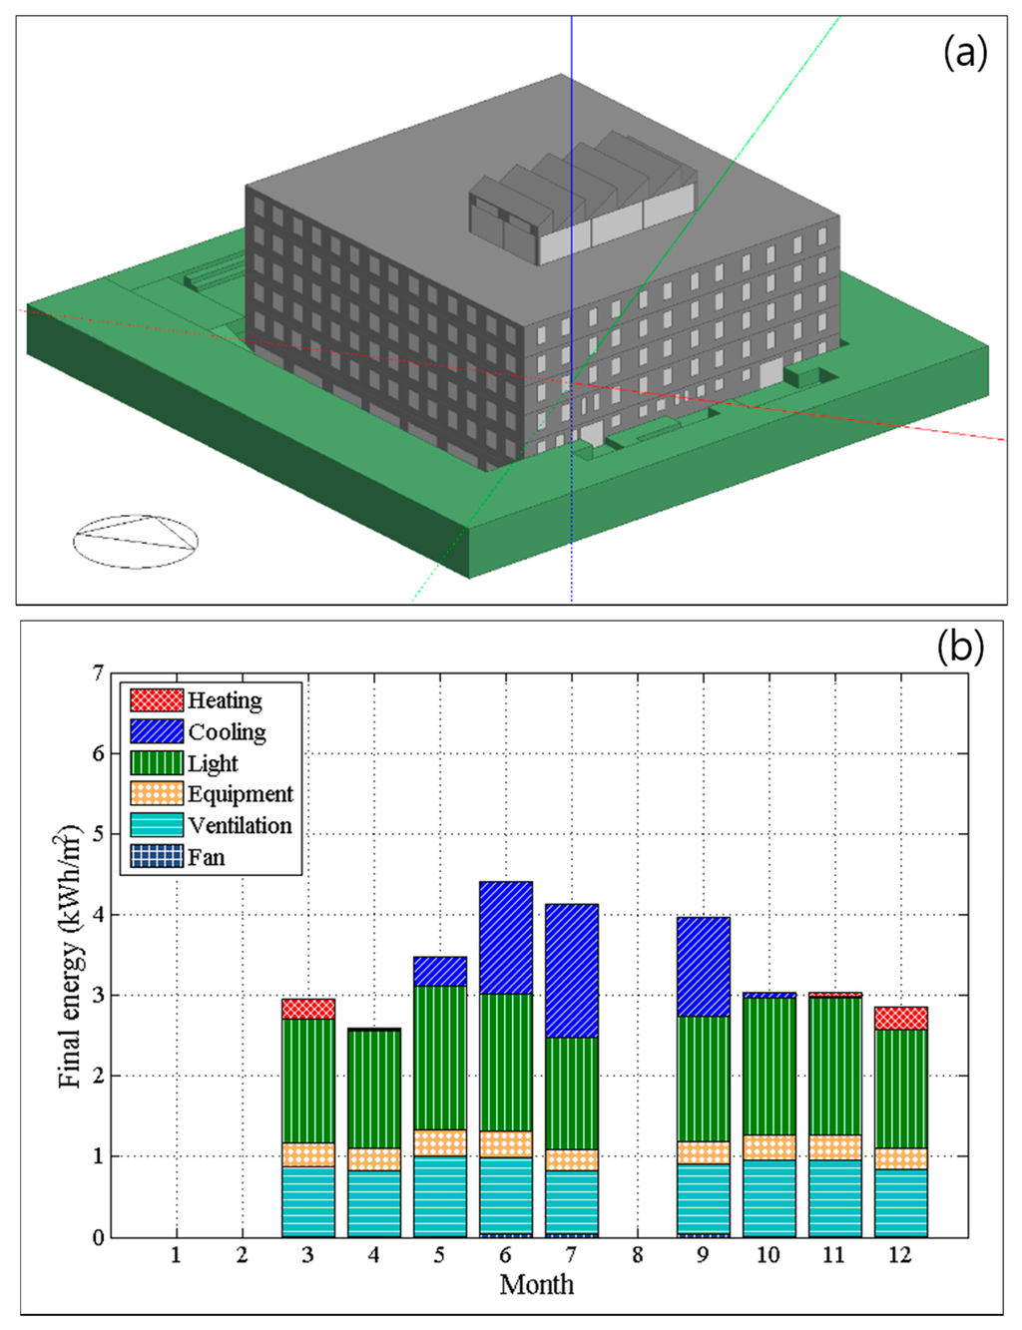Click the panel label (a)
[x=964, y=52]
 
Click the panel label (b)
[x=959, y=647]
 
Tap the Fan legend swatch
[x=157, y=856]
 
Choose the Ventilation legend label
[x=240, y=825]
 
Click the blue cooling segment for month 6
[x=506, y=938]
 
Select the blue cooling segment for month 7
[x=572, y=971]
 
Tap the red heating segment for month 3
[x=308, y=1009]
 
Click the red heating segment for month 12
[x=900, y=1018]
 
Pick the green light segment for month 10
[x=768, y=1066]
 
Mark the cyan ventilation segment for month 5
[x=440, y=1196]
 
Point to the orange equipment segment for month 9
[x=704, y=1152]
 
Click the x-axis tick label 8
[x=637, y=1255]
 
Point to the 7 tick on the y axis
[x=98, y=673]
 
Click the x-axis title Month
[x=536, y=1284]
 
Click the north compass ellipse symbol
[x=135, y=542]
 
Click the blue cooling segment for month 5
[x=440, y=971]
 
